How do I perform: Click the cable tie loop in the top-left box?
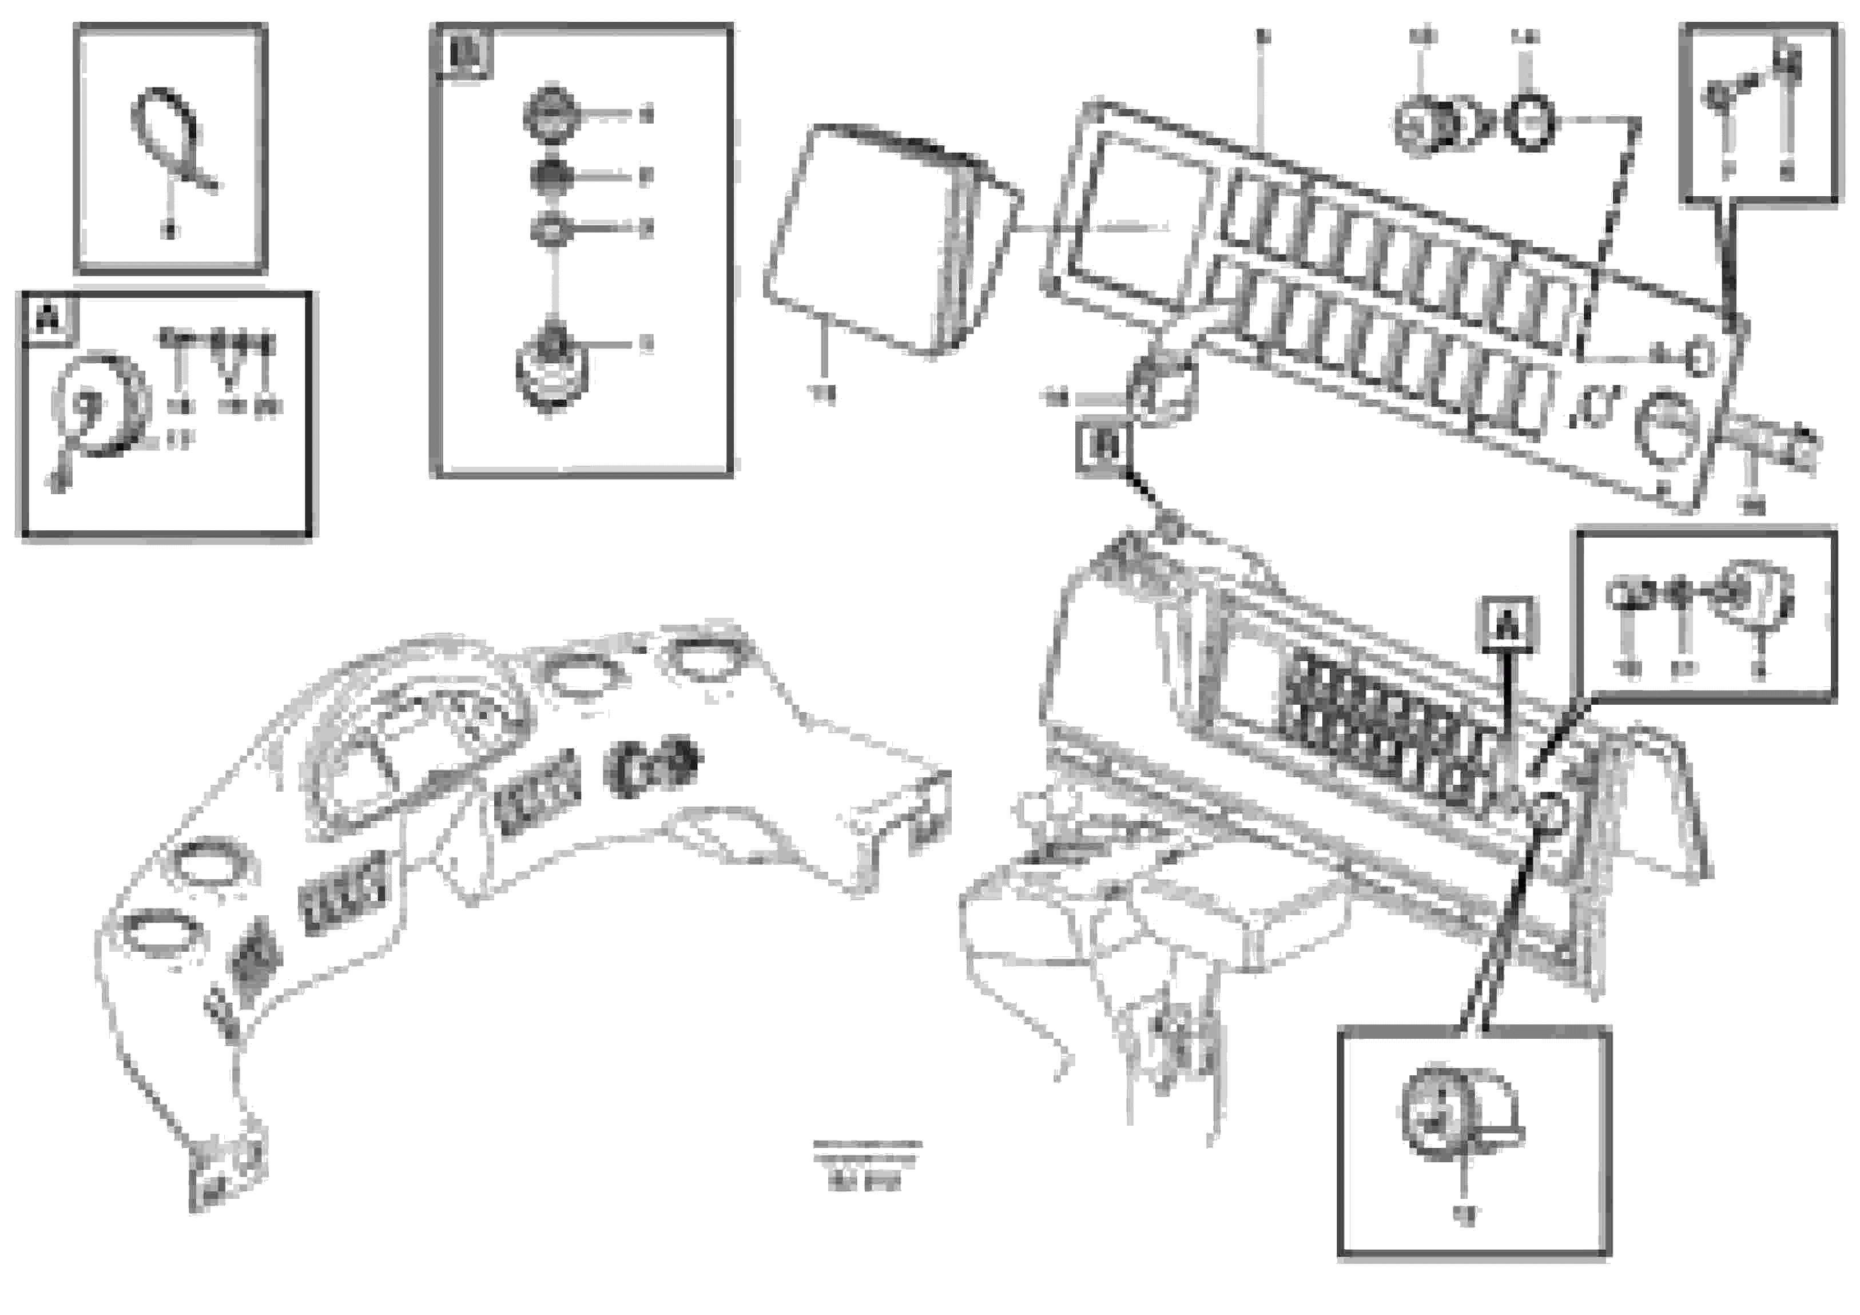tap(165, 130)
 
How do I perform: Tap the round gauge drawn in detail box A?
tap(101, 405)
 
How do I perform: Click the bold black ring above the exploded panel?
tap(1529, 123)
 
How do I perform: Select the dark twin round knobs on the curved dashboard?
tap(654, 763)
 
